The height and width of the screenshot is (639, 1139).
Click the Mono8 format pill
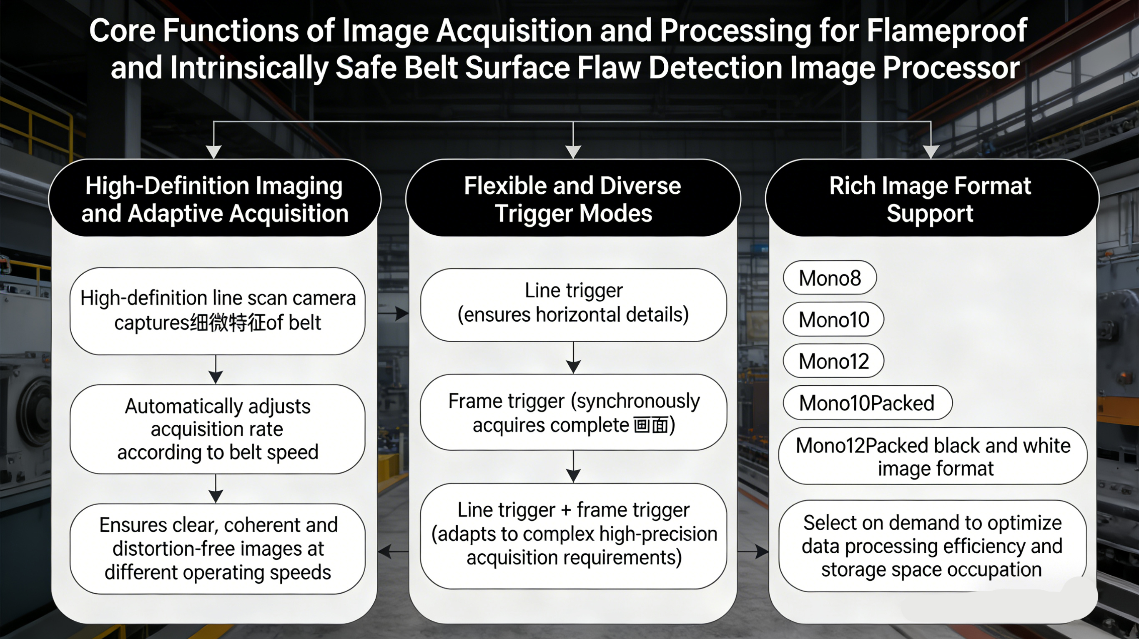point(830,278)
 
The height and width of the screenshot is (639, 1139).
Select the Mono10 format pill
point(833,319)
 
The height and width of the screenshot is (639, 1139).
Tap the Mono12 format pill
point(833,361)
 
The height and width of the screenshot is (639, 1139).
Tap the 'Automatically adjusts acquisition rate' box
point(218,429)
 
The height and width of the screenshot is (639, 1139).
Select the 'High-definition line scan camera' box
point(218,311)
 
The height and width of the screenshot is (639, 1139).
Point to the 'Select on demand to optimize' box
point(932,546)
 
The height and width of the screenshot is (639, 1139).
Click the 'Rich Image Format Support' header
point(931,198)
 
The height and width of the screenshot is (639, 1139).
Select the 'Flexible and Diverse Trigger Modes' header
point(573,198)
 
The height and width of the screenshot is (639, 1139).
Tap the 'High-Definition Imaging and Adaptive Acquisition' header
point(215,198)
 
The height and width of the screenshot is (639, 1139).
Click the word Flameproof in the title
point(946,31)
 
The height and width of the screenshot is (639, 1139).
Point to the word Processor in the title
point(951,68)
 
